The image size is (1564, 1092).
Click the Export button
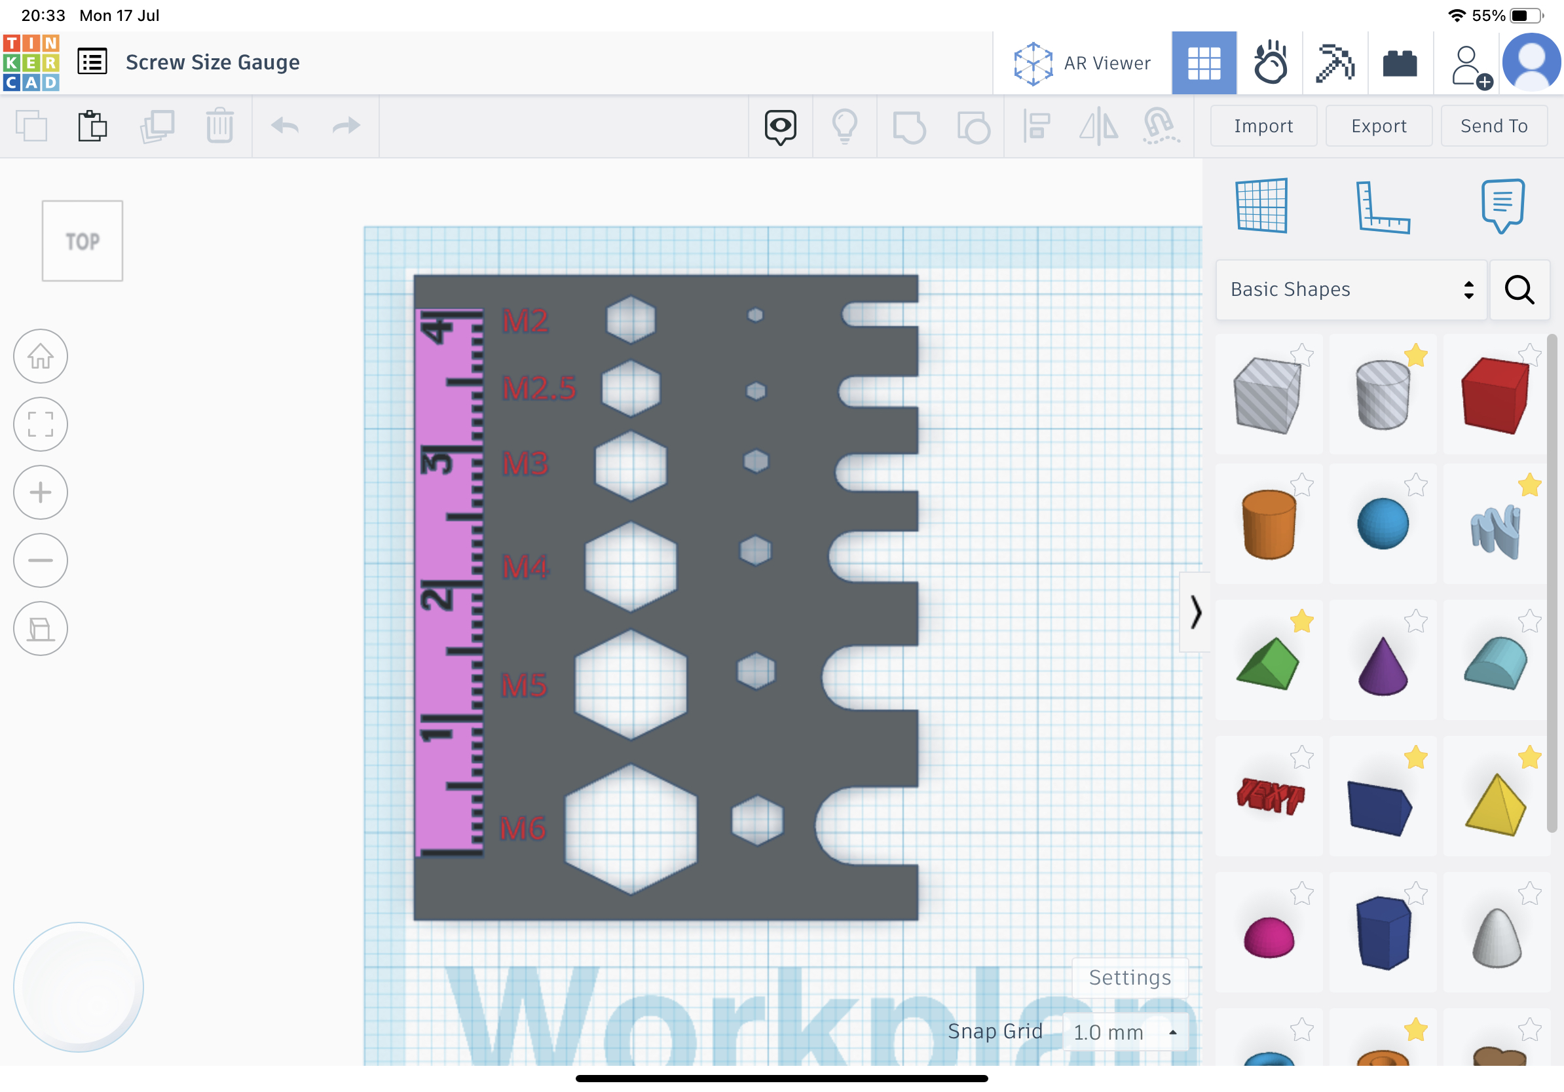1378,126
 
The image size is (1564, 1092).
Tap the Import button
1263,126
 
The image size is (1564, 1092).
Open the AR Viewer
1083,64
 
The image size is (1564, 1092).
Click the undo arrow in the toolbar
285,126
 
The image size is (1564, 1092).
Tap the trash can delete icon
219,126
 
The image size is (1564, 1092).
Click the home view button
41,356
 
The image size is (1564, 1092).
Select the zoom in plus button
41,492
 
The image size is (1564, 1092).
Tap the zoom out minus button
41,560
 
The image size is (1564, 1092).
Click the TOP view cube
83,241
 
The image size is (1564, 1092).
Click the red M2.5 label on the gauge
539,388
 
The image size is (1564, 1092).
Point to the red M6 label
523,828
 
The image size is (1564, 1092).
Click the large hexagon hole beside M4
631,566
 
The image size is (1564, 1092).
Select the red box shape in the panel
1495,395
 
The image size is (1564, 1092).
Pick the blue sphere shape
1382,524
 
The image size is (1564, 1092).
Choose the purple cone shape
1382,666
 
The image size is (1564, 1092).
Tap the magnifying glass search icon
1519,290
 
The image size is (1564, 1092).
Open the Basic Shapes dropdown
1350,290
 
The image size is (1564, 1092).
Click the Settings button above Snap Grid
1129,977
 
